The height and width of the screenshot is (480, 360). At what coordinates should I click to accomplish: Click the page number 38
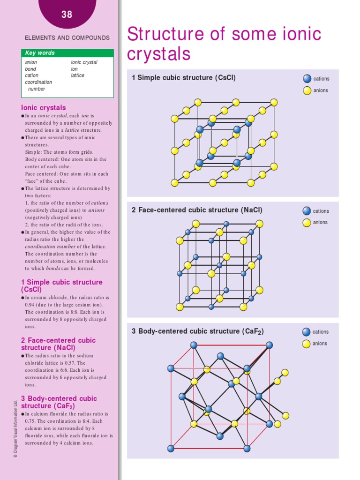67,15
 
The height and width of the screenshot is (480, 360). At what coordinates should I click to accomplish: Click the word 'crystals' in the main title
159,54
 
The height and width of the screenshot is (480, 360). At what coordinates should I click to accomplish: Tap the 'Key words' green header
40,53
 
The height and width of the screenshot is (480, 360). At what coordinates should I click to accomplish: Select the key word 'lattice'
78,75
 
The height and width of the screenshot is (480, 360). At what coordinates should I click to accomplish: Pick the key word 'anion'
31,62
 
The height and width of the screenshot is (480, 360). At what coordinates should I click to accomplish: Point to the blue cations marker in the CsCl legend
307,79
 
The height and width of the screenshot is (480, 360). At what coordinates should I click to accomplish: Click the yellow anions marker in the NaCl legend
307,223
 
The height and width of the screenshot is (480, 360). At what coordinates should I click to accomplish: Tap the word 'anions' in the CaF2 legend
321,344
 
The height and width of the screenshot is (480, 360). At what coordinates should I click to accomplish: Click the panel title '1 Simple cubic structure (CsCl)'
184,78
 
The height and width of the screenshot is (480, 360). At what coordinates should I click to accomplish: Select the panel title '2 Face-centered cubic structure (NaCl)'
197,210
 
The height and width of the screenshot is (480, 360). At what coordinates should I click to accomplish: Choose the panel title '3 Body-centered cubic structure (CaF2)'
197,331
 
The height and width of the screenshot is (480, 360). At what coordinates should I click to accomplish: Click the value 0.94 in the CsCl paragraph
31,305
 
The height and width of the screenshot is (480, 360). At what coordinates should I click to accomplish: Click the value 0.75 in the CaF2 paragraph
31,421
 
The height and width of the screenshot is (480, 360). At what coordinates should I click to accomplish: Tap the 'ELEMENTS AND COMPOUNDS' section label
67,37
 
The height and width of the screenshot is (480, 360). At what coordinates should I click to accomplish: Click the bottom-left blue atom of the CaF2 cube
171,449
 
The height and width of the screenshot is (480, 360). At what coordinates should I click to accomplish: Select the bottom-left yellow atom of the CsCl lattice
175,183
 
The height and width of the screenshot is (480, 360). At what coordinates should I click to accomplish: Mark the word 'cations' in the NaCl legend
321,211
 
